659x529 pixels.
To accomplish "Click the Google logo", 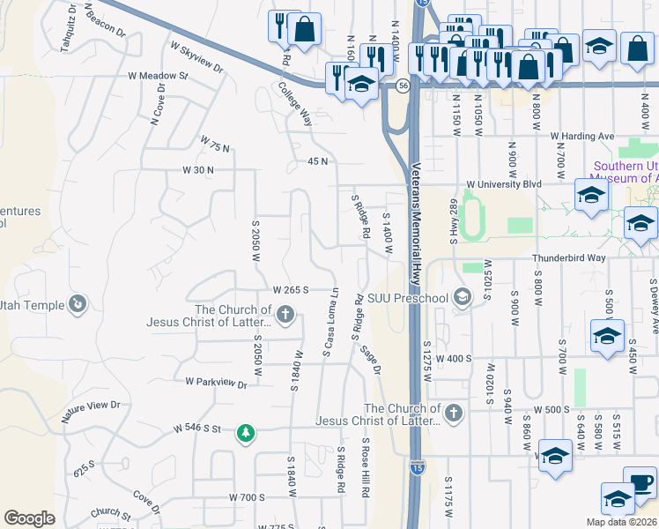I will point(29,518).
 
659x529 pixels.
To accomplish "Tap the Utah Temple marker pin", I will point(78,304).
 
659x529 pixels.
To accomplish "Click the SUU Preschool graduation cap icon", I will point(462,298).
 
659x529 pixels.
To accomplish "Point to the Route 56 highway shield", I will point(403,86).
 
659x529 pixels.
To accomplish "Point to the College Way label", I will point(295,105).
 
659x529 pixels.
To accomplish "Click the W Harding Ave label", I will point(582,137).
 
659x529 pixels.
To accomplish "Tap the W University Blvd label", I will point(503,184).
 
